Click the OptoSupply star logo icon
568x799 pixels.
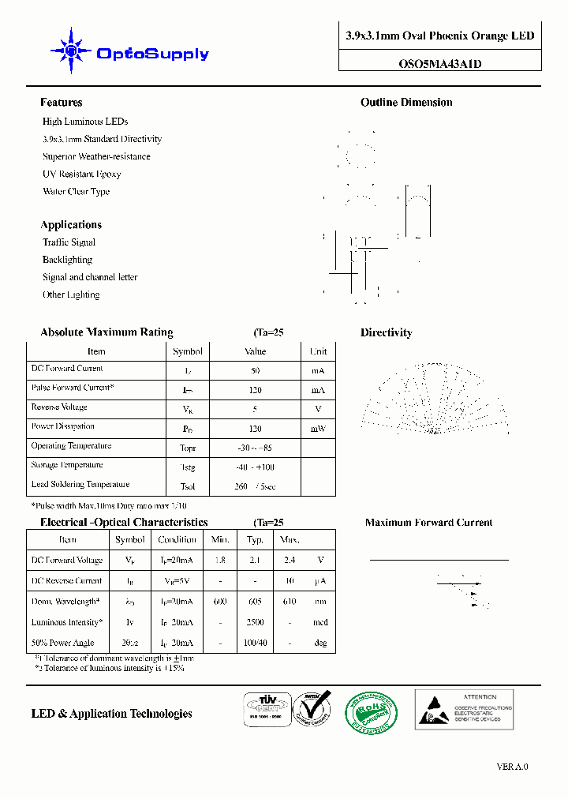[71, 52]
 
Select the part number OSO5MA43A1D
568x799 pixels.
[439, 65]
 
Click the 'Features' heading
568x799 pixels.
[62, 103]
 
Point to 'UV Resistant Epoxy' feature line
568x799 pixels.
[82, 174]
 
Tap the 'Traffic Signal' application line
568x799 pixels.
[69, 242]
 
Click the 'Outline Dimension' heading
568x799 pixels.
[406, 103]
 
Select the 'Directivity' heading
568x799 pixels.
[387, 333]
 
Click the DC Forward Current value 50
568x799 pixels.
[256, 370]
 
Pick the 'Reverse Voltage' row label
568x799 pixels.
[59, 407]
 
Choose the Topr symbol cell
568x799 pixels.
[188, 448]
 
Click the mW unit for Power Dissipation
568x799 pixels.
[319, 429]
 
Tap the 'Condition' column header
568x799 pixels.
[177, 540]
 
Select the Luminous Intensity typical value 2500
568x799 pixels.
[255, 622]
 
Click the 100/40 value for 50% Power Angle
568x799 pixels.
[255, 643]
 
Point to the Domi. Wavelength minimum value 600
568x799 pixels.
[220, 602]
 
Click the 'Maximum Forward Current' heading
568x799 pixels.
[428, 523]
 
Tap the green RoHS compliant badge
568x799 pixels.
[373, 713]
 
